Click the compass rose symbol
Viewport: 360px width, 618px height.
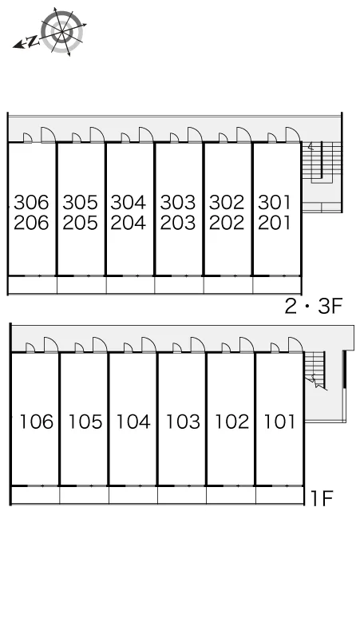pos(62,31)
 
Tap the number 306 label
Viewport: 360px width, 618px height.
pos(31,202)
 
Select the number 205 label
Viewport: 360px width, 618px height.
pos(80,223)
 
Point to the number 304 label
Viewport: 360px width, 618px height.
pos(129,202)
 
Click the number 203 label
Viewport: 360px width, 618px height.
pos(178,223)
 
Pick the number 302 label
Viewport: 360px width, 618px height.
pos(227,202)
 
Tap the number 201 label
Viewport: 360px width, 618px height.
pos(275,223)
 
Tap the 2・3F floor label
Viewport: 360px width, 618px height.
pos(314,306)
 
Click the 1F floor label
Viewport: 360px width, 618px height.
pos(322,498)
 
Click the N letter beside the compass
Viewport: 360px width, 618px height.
pos(34,41)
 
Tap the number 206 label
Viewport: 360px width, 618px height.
pos(31,223)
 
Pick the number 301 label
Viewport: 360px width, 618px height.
pos(275,202)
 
